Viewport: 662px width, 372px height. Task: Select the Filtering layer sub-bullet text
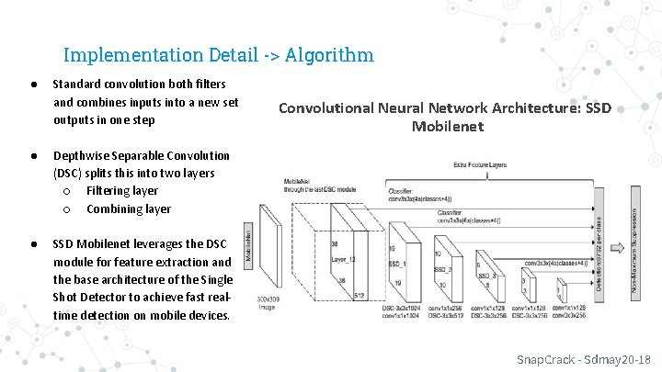click(x=122, y=191)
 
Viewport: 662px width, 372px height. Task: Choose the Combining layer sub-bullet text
click(x=128, y=209)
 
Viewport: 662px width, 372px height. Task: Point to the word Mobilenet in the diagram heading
click(x=447, y=127)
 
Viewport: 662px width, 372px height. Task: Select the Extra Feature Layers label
click(x=479, y=165)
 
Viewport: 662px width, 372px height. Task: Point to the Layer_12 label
click(x=344, y=260)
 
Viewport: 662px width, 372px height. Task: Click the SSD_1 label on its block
click(x=396, y=262)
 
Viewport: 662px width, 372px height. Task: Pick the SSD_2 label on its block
click(x=442, y=269)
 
